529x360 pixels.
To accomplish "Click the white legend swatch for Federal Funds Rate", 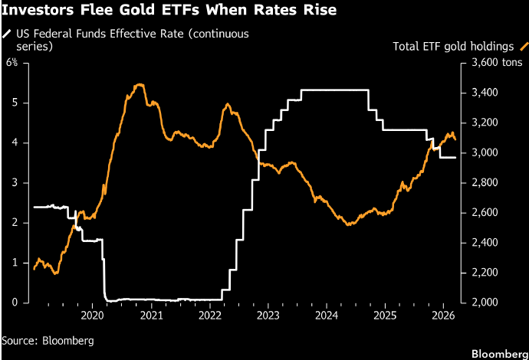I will pos(7,34).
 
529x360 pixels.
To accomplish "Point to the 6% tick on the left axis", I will pos(12,62).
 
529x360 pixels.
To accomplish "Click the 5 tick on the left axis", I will pos(15,103).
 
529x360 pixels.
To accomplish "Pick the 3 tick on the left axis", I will pos(15,182).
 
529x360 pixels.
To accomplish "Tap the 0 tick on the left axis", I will pos(15,303).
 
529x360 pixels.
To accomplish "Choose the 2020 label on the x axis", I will pos(91,316).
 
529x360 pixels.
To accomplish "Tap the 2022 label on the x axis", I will pos(209,316).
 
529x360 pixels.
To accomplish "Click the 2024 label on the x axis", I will pos(326,316).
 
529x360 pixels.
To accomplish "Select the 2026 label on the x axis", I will pos(443,316).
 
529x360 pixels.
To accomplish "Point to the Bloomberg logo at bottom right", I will pos(498,353).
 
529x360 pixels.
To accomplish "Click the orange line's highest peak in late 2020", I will pos(139,85).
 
